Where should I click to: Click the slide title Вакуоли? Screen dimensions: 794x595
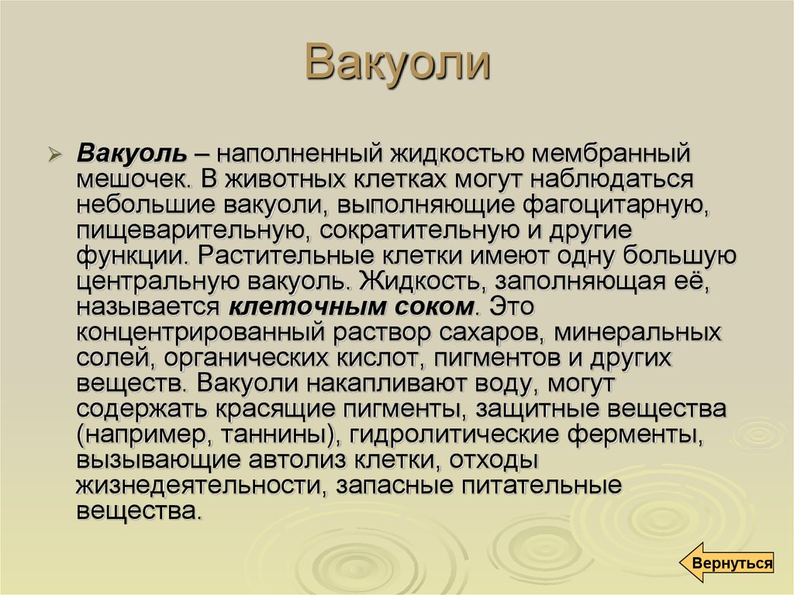pos(398,62)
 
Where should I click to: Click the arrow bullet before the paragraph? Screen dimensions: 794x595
pos(55,154)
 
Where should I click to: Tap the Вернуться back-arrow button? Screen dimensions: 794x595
pos(727,562)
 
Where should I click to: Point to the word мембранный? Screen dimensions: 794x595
pos(610,154)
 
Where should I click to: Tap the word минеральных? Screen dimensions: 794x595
pos(637,333)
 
